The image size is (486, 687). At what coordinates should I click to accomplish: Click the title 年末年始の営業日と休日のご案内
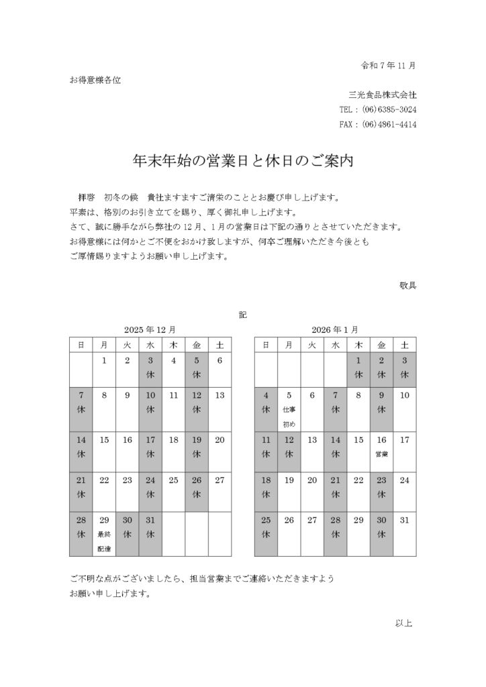pyautogui.click(x=243, y=162)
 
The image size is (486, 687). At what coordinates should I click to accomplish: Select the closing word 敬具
pyautogui.click(x=407, y=284)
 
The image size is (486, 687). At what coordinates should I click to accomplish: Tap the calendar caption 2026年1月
pyautogui.click(x=334, y=329)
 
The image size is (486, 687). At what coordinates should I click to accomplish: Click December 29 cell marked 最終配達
pyautogui.click(x=104, y=534)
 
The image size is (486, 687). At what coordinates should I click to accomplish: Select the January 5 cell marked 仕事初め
pyautogui.click(x=289, y=409)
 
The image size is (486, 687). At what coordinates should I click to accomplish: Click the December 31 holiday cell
pyautogui.click(x=150, y=534)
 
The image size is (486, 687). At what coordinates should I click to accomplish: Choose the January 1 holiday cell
pyautogui.click(x=358, y=368)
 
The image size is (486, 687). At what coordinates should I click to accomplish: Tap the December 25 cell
pyautogui.click(x=174, y=492)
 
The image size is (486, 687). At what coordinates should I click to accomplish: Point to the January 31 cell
pyautogui.click(x=404, y=534)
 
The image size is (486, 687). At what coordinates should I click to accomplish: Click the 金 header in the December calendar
pyautogui.click(x=197, y=345)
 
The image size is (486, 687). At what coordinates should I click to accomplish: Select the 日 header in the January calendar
pyautogui.click(x=266, y=345)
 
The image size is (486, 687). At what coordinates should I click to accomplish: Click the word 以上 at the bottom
pyautogui.click(x=404, y=623)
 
